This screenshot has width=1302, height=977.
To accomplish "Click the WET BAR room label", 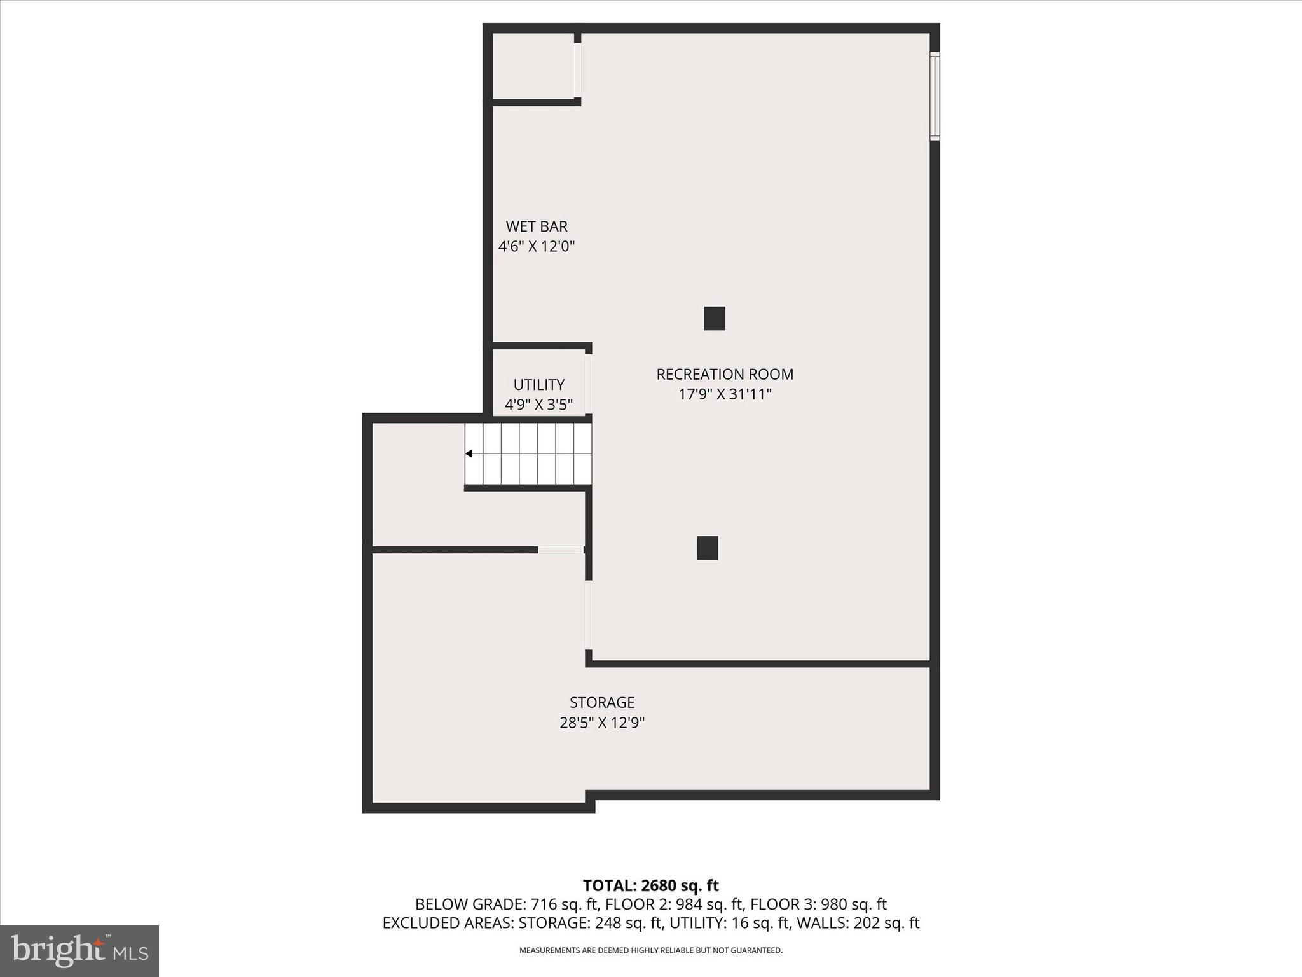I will (537, 226).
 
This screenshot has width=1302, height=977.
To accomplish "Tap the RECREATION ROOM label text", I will (725, 374).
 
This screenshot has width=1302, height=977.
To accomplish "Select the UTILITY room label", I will (539, 385).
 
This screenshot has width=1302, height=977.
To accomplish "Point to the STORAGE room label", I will (602, 702).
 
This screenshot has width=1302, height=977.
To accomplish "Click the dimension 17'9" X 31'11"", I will (725, 394).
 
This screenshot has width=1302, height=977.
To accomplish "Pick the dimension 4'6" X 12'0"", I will (537, 247).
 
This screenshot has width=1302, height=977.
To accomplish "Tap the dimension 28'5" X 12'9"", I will (602, 723).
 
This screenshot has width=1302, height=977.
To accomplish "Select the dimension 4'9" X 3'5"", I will (539, 405).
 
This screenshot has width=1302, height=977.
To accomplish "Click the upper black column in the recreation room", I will (715, 318).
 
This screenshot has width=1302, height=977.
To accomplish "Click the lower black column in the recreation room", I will (708, 548).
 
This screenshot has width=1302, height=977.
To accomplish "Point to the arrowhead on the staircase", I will (469, 454).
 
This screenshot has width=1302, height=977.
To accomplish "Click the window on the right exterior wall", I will (935, 95).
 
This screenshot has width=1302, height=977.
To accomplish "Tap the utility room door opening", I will (589, 384).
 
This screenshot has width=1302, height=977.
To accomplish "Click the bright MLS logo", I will (79, 950).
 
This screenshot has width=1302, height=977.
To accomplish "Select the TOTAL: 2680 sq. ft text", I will (650, 885).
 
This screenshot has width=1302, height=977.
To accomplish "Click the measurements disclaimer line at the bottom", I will (650, 950).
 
